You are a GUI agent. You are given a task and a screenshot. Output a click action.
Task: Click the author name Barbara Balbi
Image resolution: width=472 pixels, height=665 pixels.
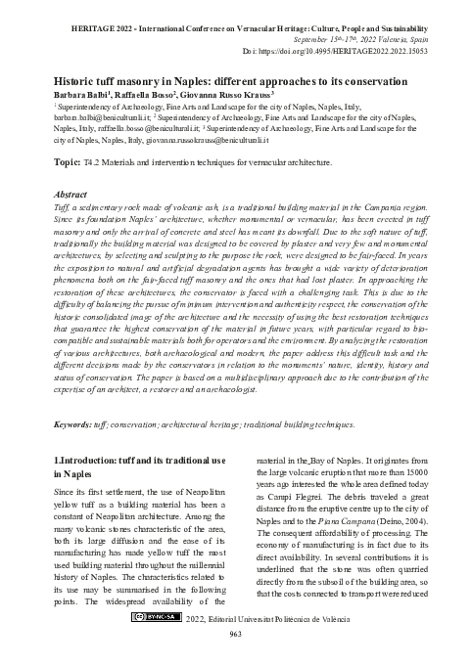tap(80, 96)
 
